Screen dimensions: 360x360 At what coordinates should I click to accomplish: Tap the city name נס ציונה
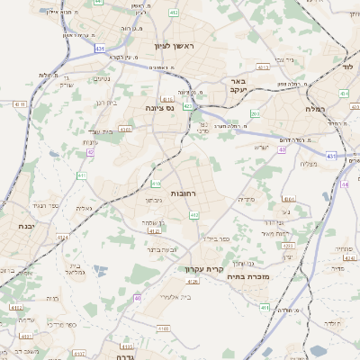click(159, 107)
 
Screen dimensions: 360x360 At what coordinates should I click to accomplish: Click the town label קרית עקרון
click(202, 269)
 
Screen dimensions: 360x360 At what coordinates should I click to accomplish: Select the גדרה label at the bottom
click(123, 356)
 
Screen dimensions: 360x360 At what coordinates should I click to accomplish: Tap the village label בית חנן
click(106, 103)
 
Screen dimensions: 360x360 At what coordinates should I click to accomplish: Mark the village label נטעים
click(102, 78)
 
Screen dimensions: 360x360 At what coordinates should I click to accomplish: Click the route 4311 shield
click(20, 105)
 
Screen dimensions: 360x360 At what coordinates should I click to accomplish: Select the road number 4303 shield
click(124, 129)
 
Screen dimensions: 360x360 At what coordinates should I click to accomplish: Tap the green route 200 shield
click(255, 113)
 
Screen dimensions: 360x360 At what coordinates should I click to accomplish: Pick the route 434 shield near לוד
click(344, 93)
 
